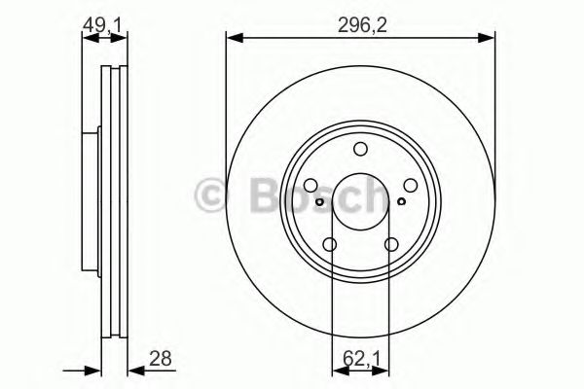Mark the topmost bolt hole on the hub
click(360, 149)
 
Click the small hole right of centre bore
click(400, 202)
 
